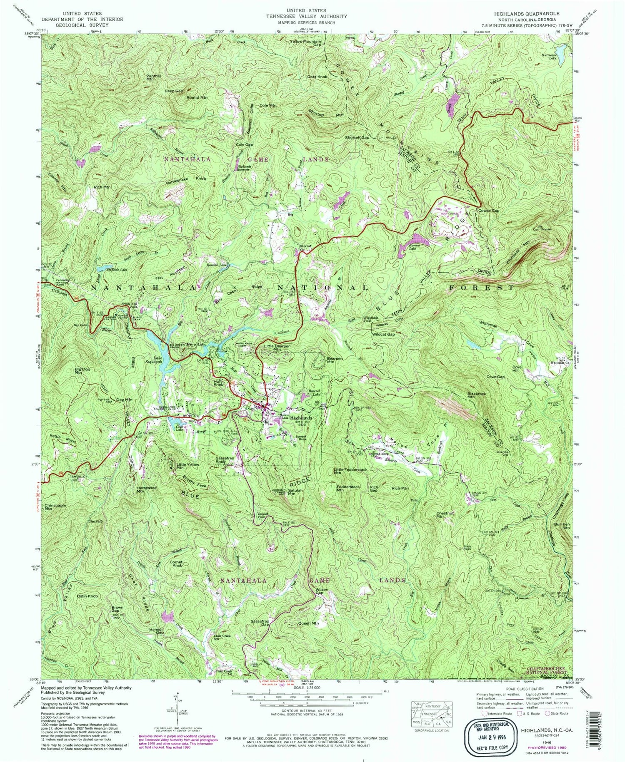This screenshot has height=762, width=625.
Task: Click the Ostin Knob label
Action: pos(87,596)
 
